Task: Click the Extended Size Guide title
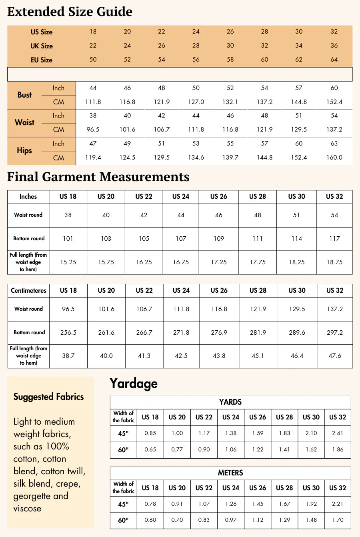70,12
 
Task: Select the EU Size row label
42,60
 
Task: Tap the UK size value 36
334,46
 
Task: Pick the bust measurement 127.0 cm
196,102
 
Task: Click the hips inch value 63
334,144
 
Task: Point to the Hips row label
24,151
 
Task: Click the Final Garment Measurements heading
98,177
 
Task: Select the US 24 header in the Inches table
181,197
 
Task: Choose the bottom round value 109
219,239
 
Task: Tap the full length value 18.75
334,262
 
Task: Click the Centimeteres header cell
28,291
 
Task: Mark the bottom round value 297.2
334,333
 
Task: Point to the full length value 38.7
68,356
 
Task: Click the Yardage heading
134,383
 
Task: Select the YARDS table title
230,402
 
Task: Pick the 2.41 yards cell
338,433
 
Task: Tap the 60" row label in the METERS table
123,520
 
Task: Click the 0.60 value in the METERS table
150,520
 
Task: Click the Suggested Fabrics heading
48,397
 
